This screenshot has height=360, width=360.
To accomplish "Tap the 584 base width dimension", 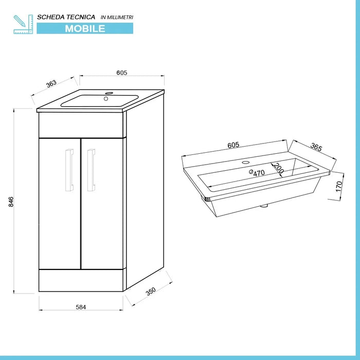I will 81,307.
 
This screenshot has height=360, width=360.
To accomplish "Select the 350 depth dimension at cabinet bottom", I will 150,292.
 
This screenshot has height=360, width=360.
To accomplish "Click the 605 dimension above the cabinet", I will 121,73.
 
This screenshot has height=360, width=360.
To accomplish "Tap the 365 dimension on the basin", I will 316,148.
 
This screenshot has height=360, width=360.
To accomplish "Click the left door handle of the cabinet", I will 68,170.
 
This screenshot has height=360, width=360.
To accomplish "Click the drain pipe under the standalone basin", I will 264,207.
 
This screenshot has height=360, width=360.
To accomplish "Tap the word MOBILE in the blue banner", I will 85,28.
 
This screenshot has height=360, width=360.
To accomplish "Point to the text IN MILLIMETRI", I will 117,17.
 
